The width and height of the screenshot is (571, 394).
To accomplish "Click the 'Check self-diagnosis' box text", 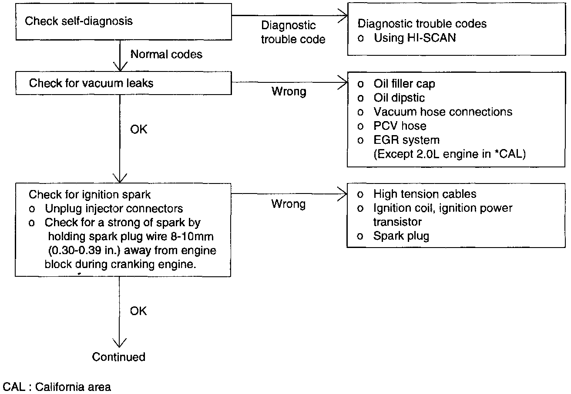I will (x=78, y=21).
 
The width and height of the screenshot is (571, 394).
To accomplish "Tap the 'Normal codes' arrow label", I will (x=166, y=54).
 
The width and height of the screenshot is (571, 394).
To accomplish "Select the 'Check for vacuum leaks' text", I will (x=91, y=83).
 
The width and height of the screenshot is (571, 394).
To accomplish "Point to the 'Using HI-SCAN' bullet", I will (x=415, y=38).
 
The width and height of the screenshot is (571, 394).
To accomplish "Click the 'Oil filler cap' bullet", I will (x=404, y=84).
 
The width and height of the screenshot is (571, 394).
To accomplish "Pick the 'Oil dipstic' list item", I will (x=399, y=98).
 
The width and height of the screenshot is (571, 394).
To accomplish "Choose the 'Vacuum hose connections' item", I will (x=443, y=112).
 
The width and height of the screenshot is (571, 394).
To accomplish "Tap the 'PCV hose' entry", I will (x=400, y=126).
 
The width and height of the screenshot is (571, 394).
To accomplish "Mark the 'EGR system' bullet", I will (x=406, y=140).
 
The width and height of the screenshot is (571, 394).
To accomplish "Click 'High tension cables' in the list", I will (x=425, y=194).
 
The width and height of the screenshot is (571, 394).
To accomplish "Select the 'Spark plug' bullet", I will (x=401, y=236).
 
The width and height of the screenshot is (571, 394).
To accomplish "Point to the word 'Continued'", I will (x=118, y=357).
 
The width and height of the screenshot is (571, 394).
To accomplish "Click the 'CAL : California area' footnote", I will (x=57, y=387).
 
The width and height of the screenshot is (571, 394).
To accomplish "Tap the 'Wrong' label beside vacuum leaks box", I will (x=289, y=92).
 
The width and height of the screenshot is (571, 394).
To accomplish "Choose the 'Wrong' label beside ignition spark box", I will (x=289, y=204).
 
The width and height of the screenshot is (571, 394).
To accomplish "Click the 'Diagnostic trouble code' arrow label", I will (x=293, y=33).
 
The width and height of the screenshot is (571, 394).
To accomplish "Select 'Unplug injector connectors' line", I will (x=114, y=208).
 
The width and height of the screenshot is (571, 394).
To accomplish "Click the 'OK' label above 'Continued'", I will (x=138, y=311).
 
